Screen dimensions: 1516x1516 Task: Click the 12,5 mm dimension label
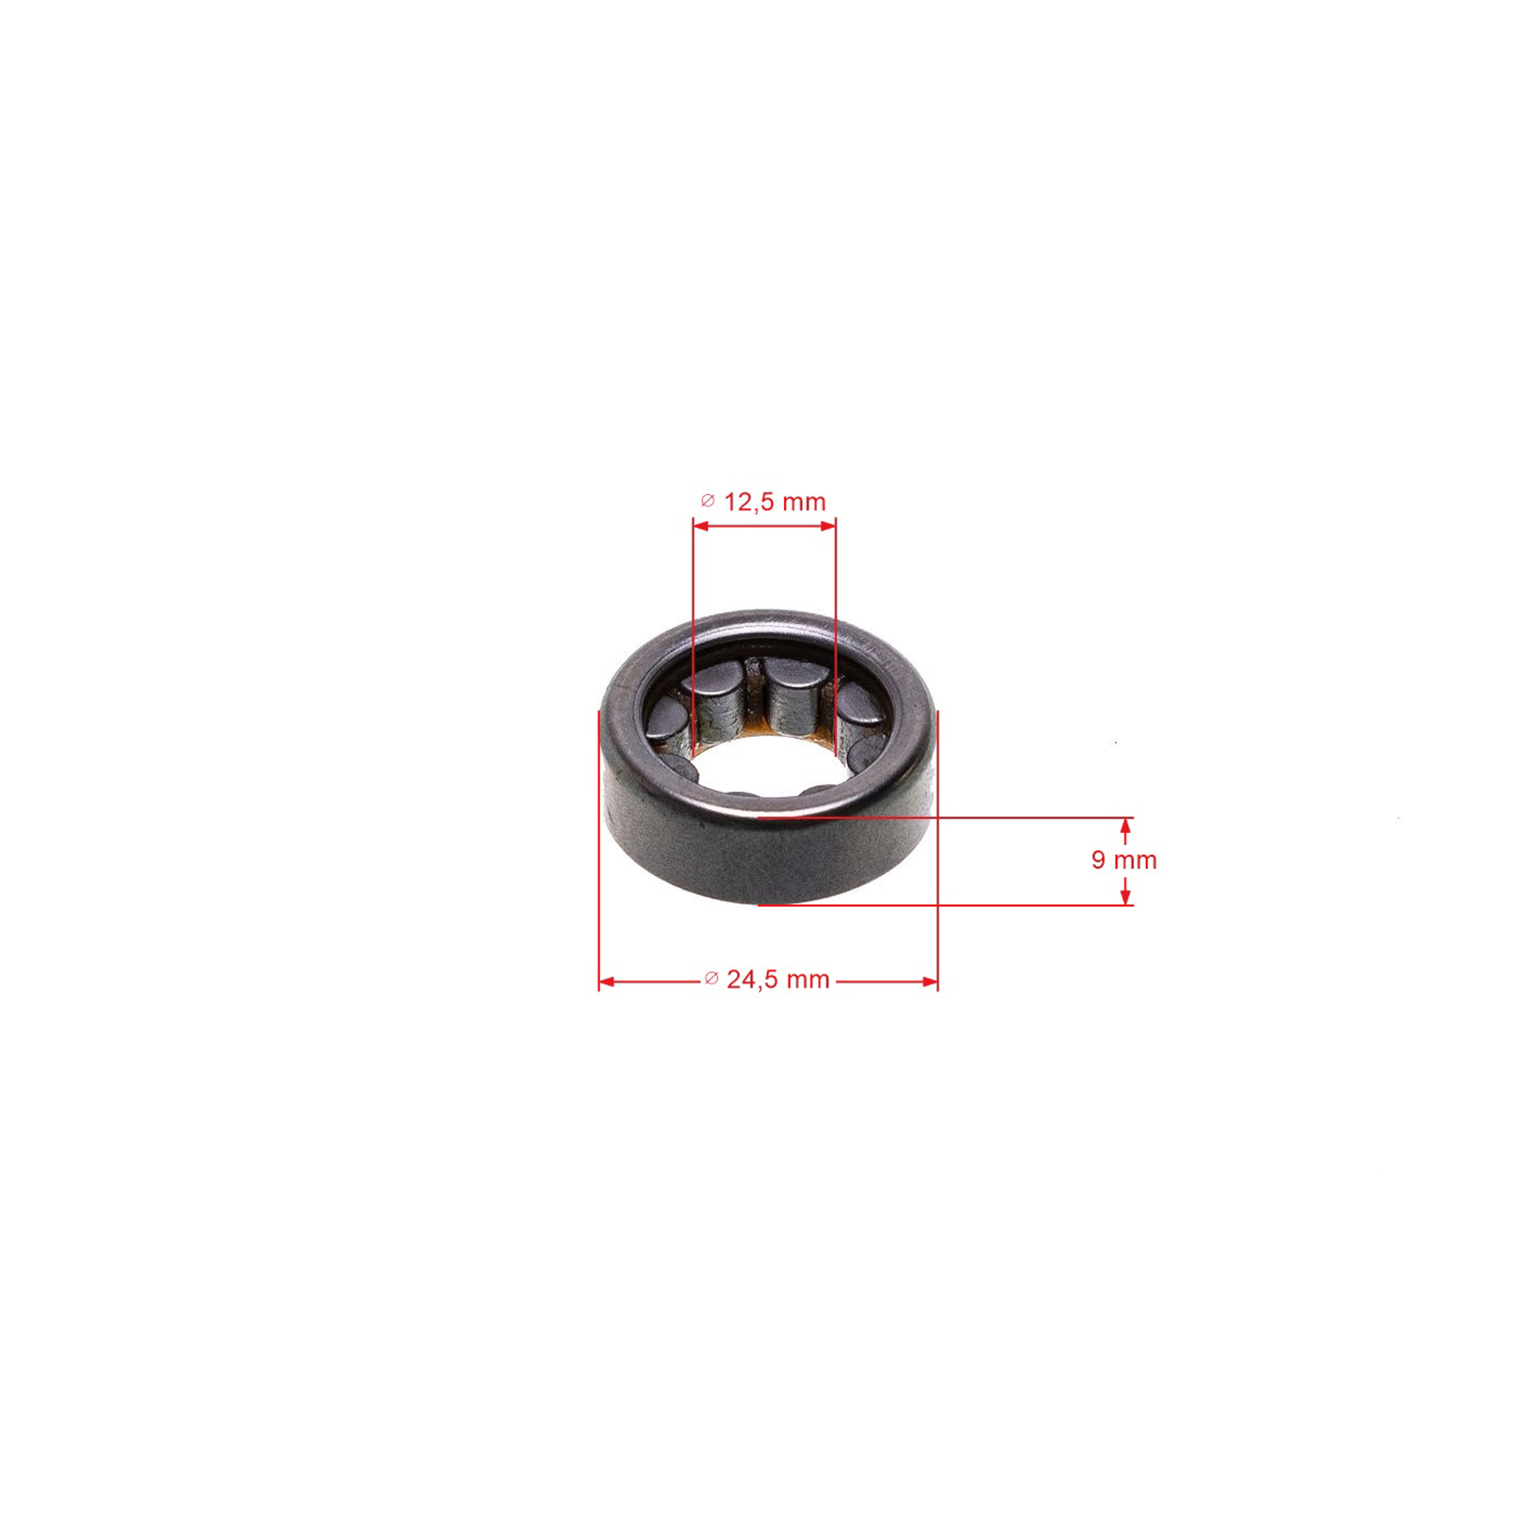pyautogui.click(x=775, y=502)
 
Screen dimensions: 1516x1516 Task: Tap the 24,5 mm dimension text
pyautogui.click(x=778, y=980)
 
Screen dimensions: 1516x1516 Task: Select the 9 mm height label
pyautogui.click(x=1124, y=860)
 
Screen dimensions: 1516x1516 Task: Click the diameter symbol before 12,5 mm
pyautogui.click(x=708, y=501)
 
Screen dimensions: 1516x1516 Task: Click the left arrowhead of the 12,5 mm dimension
pyautogui.click(x=701, y=526)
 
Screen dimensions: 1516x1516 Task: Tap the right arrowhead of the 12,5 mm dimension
pyautogui.click(x=828, y=526)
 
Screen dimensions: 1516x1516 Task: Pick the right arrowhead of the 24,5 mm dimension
pyautogui.click(x=930, y=982)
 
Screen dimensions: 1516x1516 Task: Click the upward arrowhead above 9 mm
pyautogui.click(x=1125, y=826)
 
